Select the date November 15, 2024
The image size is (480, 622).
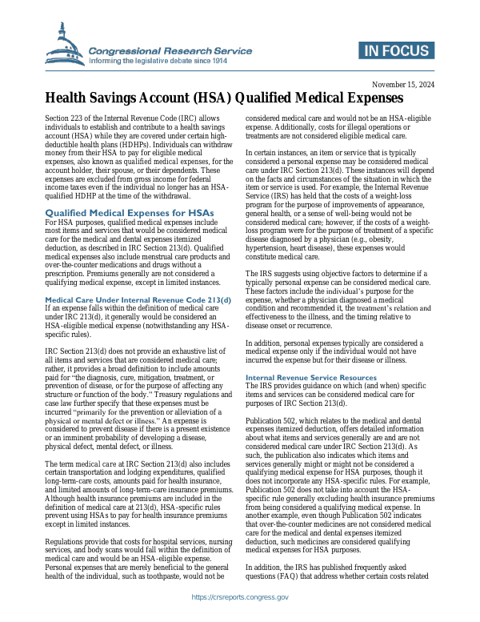404,84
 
